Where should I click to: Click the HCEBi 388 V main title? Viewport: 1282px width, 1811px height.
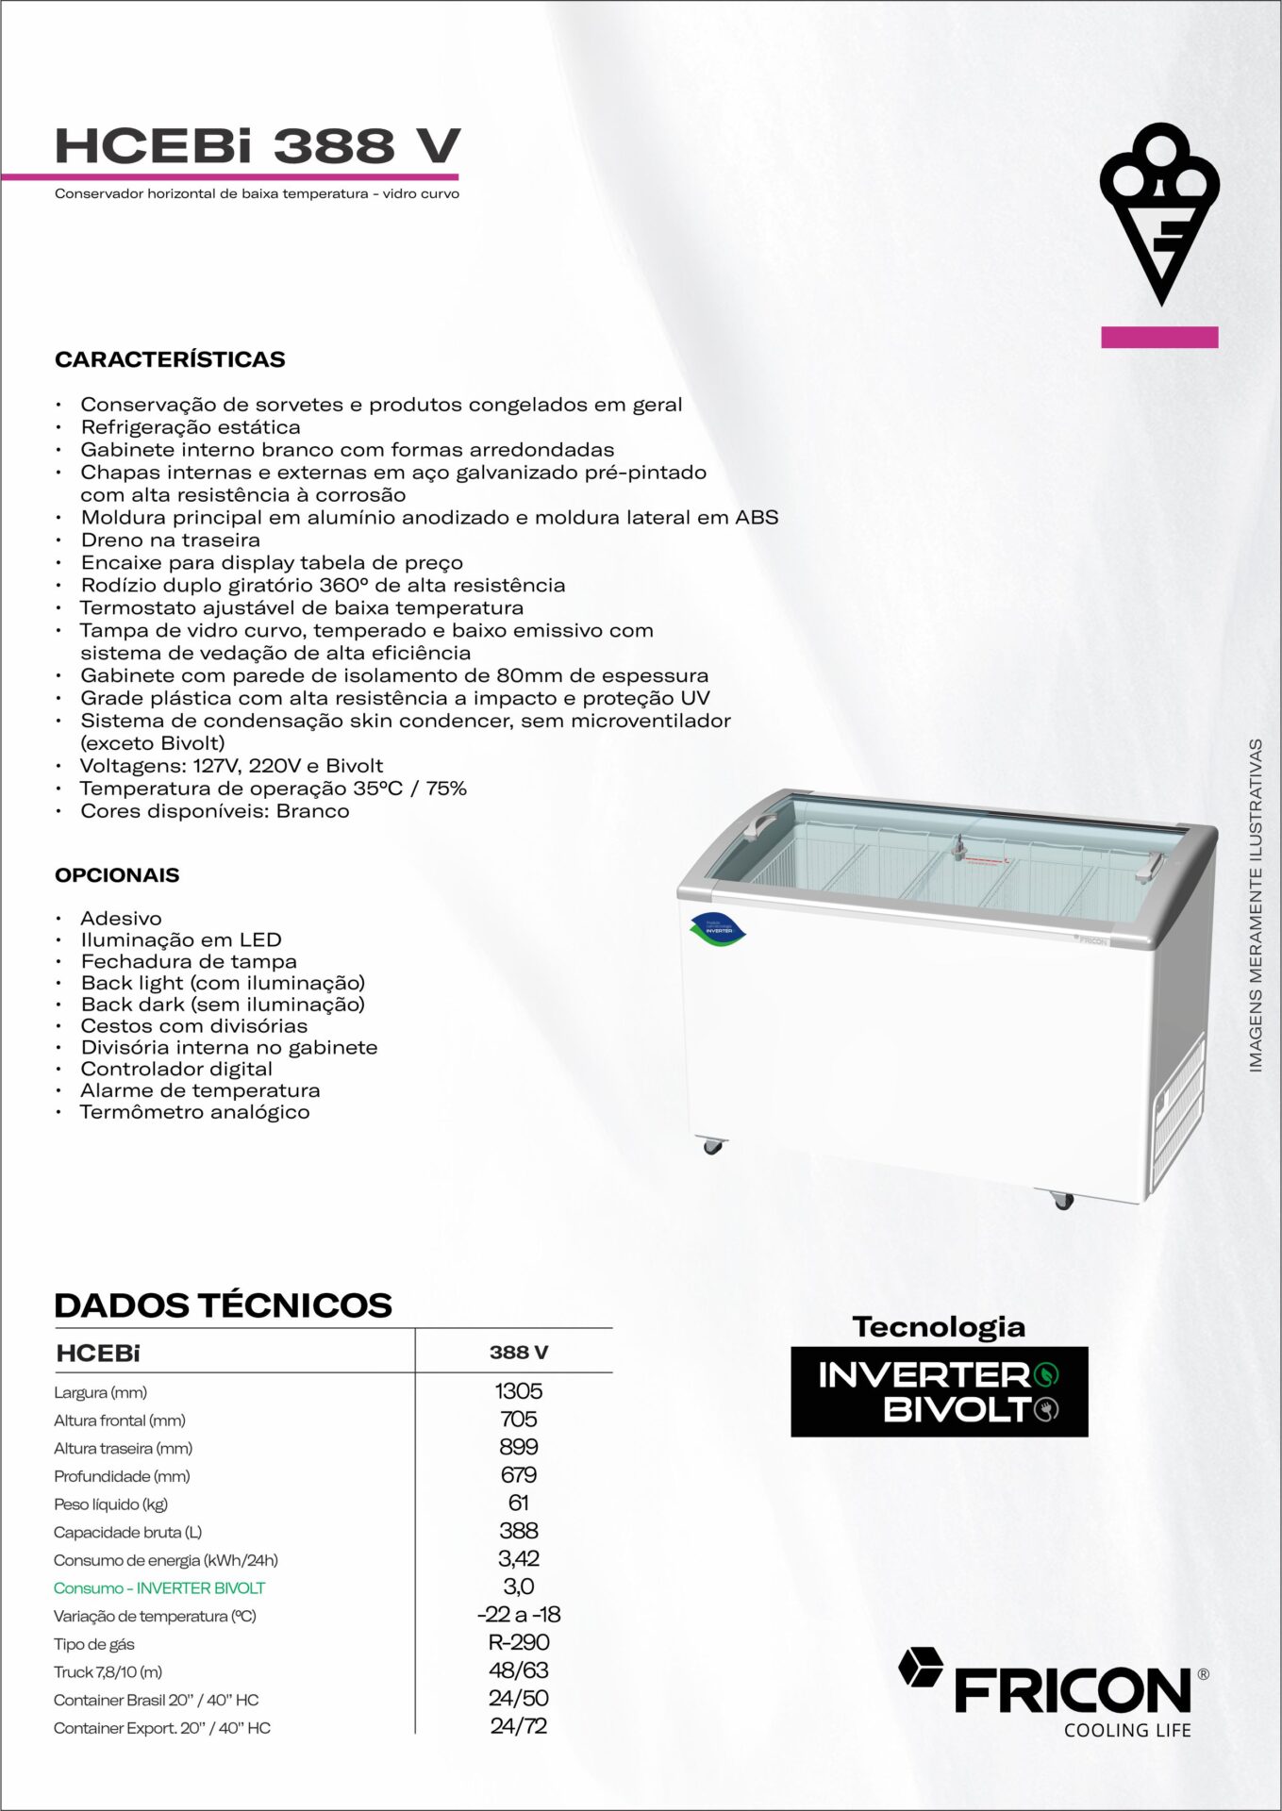pos(257,146)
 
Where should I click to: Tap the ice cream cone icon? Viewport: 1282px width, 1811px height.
pos(1159,212)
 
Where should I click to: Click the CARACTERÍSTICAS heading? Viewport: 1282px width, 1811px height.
pos(170,359)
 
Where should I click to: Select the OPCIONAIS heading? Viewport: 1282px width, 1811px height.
pos(117,875)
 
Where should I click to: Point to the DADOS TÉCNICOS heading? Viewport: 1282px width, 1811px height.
pos(223,1305)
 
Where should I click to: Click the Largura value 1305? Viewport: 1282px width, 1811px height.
pos(518,1391)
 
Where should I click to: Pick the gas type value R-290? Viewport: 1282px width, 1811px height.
pos(518,1642)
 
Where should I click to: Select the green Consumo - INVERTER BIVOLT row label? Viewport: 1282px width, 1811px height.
pos(159,1588)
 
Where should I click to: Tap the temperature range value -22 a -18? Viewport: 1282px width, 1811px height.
pos(518,1615)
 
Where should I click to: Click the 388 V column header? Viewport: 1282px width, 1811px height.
pos(518,1353)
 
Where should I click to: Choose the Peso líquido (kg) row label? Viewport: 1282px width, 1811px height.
pos(110,1504)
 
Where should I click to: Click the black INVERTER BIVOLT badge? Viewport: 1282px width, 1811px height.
pos(939,1392)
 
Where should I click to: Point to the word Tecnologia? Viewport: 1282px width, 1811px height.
pos(939,1327)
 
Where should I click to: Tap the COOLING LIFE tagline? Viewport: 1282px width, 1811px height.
pos(1127,1731)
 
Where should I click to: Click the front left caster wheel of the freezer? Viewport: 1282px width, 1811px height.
pos(712,1147)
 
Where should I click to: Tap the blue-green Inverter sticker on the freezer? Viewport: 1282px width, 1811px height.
pos(718,929)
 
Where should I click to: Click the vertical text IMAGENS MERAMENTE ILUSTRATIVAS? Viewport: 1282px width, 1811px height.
pos(1256,905)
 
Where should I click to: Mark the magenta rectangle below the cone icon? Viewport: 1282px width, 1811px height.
pos(1159,337)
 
